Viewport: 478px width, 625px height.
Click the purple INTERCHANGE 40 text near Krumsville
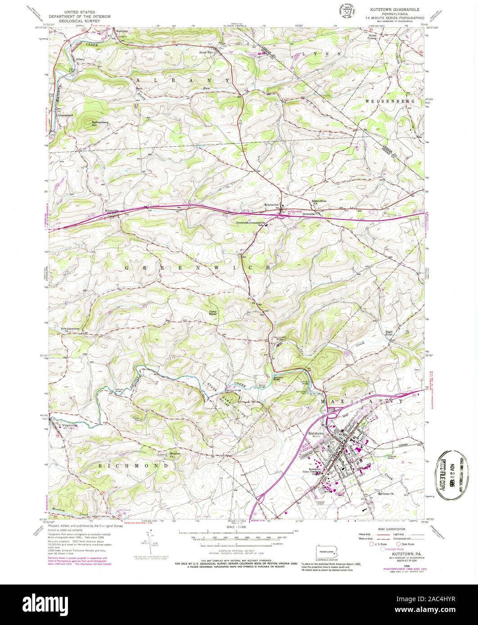click(295, 211)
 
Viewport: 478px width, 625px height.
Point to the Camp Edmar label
click(214, 312)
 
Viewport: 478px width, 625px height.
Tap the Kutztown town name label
click(316, 432)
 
